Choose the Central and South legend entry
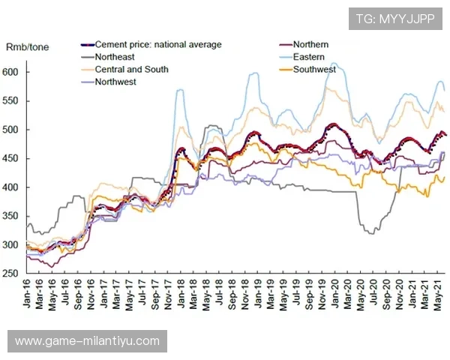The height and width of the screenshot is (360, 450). pyautogui.click(x=131, y=70)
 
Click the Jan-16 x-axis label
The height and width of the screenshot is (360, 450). pyautogui.click(x=29, y=296)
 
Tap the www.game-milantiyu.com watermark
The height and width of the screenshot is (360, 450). pyautogui.click(x=87, y=341)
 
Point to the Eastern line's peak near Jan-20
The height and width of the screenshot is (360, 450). pyautogui.click(x=333, y=63)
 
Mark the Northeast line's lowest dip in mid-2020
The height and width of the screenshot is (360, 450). pyautogui.click(x=370, y=232)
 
